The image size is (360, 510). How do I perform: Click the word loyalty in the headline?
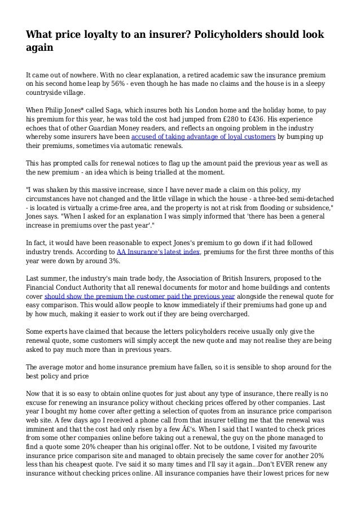[98, 35]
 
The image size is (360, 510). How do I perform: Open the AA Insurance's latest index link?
[159, 252]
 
